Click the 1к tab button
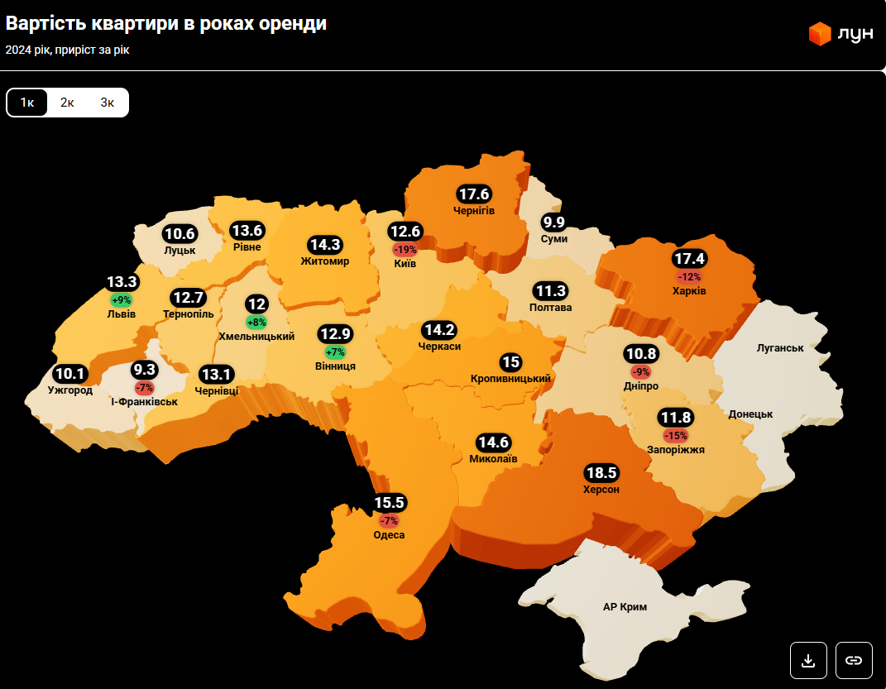click(x=27, y=103)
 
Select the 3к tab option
click(x=108, y=103)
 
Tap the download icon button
click(x=808, y=660)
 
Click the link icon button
click(x=854, y=660)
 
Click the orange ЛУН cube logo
click(x=819, y=34)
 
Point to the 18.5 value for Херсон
click(x=601, y=473)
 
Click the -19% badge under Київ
click(x=405, y=249)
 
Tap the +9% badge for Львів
click(x=121, y=299)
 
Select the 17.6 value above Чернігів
click(x=475, y=194)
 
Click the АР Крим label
click(x=625, y=606)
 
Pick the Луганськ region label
click(x=780, y=347)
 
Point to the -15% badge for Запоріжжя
click(x=676, y=435)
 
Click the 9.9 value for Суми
click(x=553, y=222)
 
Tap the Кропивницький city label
click(x=510, y=378)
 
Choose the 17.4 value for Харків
click(x=689, y=258)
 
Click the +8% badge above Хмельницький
click(x=256, y=322)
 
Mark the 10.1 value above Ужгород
click(x=69, y=374)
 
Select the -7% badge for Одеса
click(x=389, y=520)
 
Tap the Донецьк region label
click(x=750, y=413)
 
